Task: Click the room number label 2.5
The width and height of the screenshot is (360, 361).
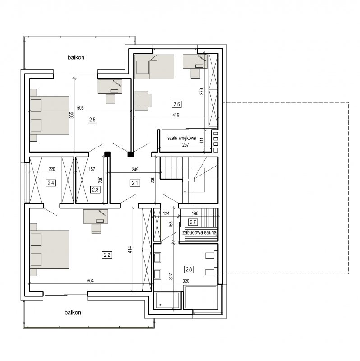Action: point(92,120)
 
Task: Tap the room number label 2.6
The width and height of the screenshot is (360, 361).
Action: point(176,104)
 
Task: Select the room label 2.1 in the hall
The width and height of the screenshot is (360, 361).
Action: point(135,183)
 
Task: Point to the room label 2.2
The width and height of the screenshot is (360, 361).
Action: point(107,255)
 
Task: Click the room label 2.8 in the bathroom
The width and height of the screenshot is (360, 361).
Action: point(189,269)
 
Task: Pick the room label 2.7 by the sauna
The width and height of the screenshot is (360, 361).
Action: point(193,222)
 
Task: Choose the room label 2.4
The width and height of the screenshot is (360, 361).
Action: point(51,183)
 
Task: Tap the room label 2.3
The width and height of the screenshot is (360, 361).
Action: point(95,190)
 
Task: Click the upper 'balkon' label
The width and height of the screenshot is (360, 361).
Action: point(76,57)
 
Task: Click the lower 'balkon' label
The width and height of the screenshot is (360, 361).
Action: point(73,312)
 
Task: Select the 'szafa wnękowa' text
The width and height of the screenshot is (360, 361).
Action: point(182,138)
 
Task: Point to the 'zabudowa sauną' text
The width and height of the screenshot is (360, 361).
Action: point(199,232)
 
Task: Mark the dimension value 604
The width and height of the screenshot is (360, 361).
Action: point(90,281)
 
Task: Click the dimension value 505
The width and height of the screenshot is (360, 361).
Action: point(80,108)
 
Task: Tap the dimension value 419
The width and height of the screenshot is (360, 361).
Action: point(176,115)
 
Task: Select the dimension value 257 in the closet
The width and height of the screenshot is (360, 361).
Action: point(185,145)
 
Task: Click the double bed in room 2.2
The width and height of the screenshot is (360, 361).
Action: point(50,250)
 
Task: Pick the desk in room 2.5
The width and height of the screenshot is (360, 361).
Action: point(110,87)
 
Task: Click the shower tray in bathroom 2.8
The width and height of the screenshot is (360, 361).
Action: point(167,300)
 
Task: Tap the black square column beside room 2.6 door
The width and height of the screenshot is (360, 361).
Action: point(130,154)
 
